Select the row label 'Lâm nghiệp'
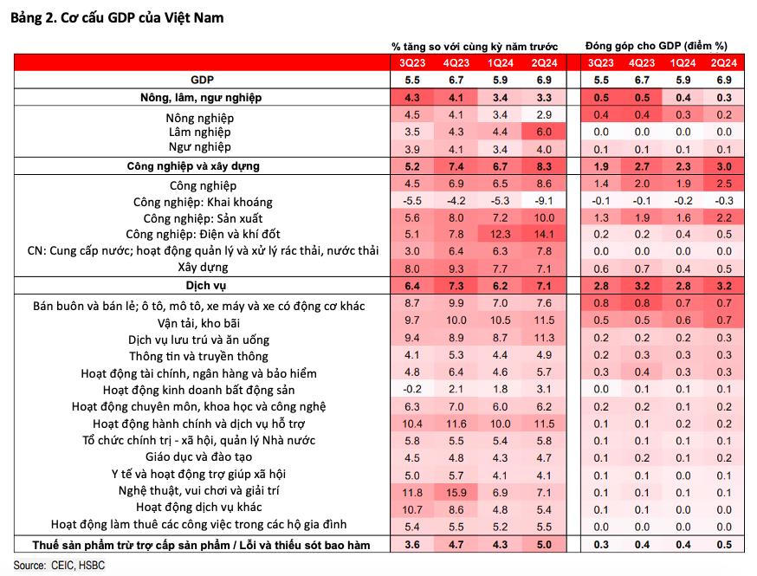[x=200, y=132]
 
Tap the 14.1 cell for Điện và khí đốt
[x=544, y=234]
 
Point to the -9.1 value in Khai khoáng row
[x=544, y=201]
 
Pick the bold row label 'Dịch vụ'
[x=200, y=285]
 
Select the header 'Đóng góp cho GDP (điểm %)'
[x=657, y=45]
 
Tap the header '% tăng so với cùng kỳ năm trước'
[x=475, y=45]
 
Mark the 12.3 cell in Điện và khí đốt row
[x=500, y=234]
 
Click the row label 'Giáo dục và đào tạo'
[x=200, y=457]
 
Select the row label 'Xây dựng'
[x=200, y=268]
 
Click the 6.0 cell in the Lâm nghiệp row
[x=544, y=132]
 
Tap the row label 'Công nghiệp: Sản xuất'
[x=200, y=217]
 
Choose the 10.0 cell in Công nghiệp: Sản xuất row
[x=544, y=217]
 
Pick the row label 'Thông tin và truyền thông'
[x=200, y=356]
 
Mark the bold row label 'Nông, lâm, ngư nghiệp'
[x=200, y=98]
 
